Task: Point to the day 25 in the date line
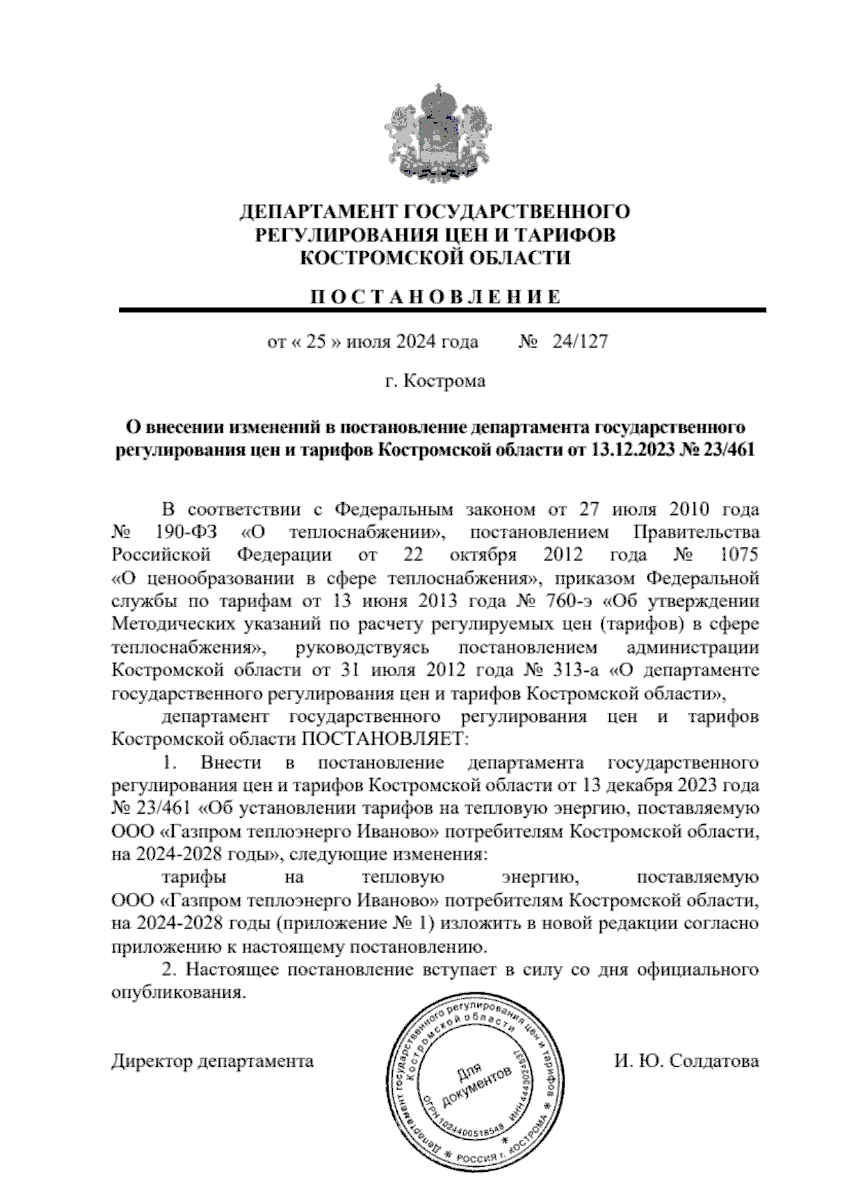coord(316,343)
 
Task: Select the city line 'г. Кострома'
coord(435,382)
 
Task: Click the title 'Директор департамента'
coord(212,1061)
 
